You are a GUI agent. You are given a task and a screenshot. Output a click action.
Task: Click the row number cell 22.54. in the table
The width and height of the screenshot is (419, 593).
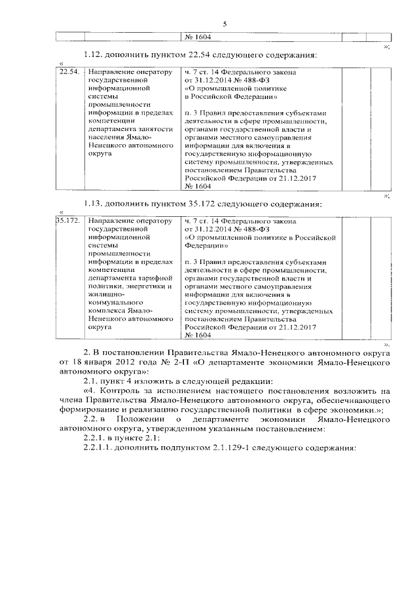coord(69,71)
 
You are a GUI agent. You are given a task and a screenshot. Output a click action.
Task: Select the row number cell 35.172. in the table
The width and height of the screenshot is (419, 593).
coord(69,221)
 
